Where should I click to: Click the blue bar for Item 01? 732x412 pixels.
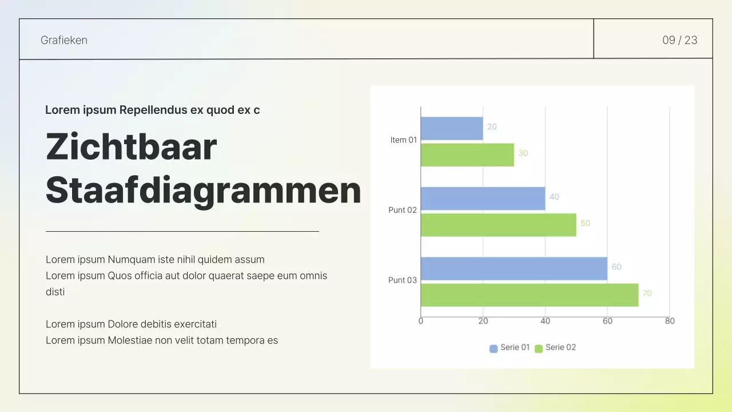(452, 128)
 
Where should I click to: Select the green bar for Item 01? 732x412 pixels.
(467, 154)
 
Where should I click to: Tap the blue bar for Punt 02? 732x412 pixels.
(483, 198)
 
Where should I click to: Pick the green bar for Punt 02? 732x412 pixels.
(498, 225)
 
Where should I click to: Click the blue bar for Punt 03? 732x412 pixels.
(514, 268)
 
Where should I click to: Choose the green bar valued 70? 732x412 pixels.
(529, 295)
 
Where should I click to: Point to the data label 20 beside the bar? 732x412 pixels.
(492, 127)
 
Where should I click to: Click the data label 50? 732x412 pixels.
(585, 223)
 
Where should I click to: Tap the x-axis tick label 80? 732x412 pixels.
(670, 321)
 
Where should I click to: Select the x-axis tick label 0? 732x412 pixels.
(421, 321)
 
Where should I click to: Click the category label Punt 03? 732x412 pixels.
(403, 280)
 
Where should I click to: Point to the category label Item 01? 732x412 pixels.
(403, 140)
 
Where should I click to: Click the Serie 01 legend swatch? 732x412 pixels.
(494, 348)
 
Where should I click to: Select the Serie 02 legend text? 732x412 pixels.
(560, 347)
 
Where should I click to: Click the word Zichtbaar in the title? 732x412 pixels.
(132, 146)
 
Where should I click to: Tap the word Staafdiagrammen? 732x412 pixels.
(203, 191)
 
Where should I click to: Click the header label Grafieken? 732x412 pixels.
(64, 40)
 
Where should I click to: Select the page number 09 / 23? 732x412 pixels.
(679, 40)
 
